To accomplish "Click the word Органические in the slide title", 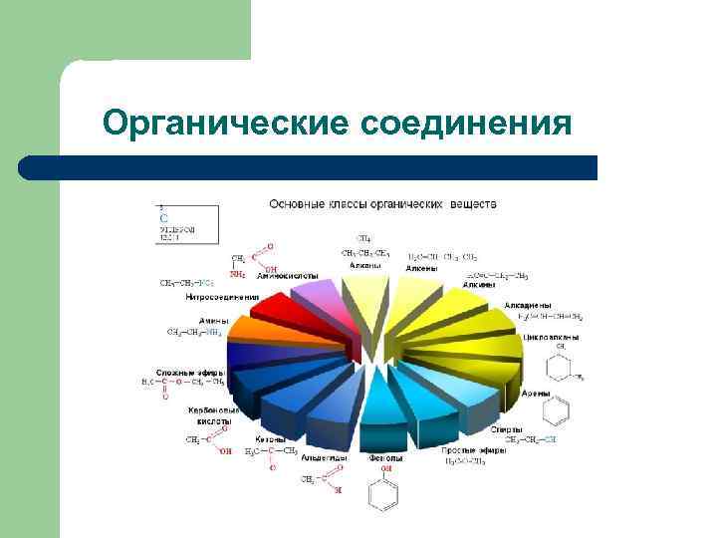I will tap(225, 123).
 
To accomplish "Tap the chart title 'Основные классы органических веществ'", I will tap(382, 204).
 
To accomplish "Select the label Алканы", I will tap(365, 264).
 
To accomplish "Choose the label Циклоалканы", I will tap(551, 337).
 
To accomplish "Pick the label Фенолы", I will tap(384, 458).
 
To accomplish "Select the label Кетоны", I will tap(271, 438).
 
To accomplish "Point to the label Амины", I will tap(212, 320).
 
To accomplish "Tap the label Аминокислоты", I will tap(288, 274).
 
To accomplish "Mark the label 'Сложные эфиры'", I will tap(189, 372).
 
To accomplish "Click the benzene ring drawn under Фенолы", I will tap(379, 493).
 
